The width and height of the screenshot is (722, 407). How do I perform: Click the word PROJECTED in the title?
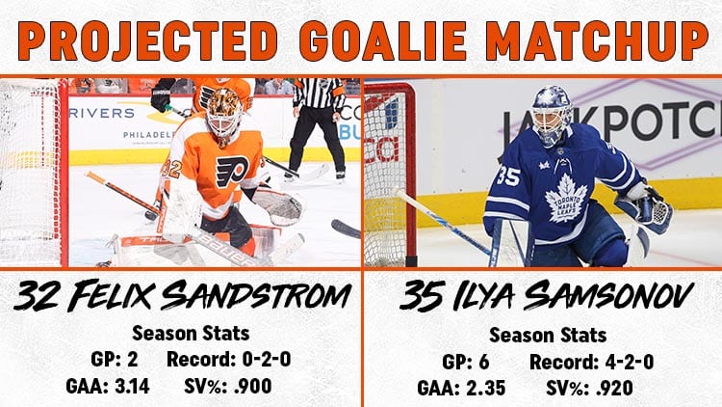(x=148, y=40)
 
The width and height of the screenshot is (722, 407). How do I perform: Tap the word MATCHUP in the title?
(x=597, y=40)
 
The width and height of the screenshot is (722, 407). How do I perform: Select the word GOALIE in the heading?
(x=382, y=40)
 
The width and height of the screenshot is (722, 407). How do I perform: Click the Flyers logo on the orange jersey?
(x=233, y=172)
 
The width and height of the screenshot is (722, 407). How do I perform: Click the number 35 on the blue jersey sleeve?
(x=508, y=176)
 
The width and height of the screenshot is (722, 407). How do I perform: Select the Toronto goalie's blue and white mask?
(x=552, y=116)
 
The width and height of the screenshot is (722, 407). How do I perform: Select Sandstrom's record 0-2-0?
(x=267, y=359)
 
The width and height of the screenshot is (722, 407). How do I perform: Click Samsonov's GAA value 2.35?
(x=485, y=388)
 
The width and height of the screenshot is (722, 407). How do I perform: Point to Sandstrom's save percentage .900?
(x=253, y=386)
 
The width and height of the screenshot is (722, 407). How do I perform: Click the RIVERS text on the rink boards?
(x=102, y=113)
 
